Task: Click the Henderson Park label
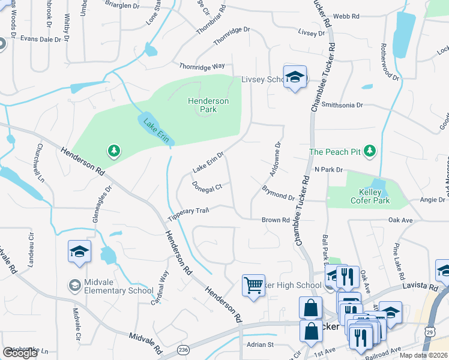point(208,106)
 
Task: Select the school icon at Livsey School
point(295,77)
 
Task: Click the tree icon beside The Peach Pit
point(370,151)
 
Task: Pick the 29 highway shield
point(430,330)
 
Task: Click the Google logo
point(20,353)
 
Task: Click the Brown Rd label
point(276,220)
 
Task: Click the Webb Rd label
point(346,17)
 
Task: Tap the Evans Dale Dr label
point(41,39)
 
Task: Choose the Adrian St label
point(260,344)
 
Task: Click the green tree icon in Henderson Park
point(113,150)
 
